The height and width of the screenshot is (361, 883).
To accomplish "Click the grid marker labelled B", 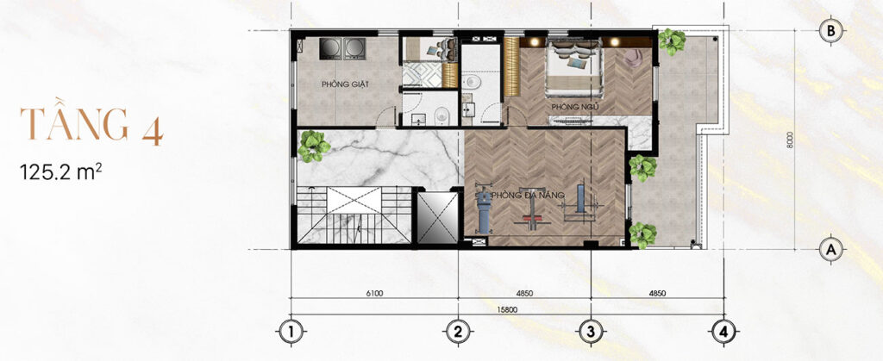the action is pos(830,32).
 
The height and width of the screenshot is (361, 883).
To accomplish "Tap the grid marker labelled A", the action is pos(830,248).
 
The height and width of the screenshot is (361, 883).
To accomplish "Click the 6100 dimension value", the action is pos(374,293).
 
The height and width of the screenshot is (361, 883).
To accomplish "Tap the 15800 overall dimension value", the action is pos(507,309).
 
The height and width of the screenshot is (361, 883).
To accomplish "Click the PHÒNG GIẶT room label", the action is pos(345,85).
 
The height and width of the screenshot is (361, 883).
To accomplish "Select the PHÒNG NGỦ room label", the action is pos(574,107).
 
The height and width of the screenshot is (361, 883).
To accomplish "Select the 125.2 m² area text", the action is pos(61,171).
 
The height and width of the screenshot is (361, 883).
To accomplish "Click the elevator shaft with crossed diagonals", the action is pos(436,218).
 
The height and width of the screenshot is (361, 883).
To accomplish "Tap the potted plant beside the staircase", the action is pos(313,146).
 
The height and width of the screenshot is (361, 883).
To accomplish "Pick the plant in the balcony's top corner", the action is pos(671,41).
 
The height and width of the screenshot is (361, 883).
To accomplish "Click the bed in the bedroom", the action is pos(573,67).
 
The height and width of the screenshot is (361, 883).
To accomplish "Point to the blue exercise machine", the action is pos(485,211).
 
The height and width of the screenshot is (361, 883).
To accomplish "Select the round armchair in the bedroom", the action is pos(634,59).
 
